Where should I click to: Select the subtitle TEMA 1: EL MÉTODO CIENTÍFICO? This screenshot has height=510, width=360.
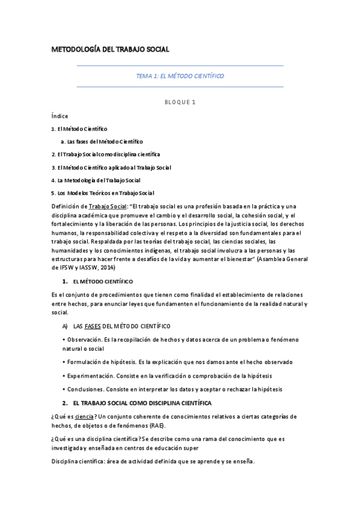pyautogui.click(x=180, y=76)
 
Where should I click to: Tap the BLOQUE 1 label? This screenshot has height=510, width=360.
pyautogui.click(x=180, y=102)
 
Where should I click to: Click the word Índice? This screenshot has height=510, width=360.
pyautogui.click(x=59, y=115)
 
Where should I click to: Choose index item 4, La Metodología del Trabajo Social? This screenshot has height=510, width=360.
pyautogui.click(x=96, y=180)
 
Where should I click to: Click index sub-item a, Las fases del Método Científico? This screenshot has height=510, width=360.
pyautogui.click(x=102, y=141)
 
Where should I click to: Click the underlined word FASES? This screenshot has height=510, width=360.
pyautogui.click(x=93, y=326)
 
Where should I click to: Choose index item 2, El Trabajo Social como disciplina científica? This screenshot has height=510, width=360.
pyautogui.click(x=106, y=154)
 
